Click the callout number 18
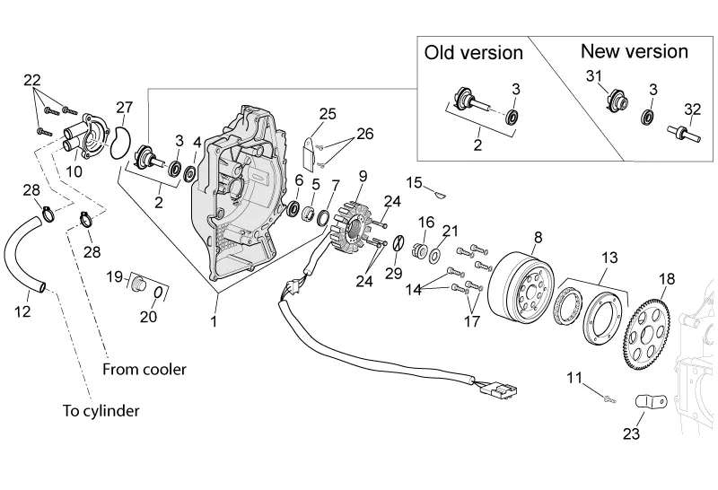coord(666,279)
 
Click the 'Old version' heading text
coord(473,53)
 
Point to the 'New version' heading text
coord(635,50)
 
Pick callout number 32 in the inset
coord(692,109)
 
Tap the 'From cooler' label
coord(144,369)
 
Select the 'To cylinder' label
coord(101,411)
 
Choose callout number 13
coord(609,258)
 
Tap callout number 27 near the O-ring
coord(124,108)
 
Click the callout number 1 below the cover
coord(214,320)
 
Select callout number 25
coord(327,113)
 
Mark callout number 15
coord(414,182)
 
